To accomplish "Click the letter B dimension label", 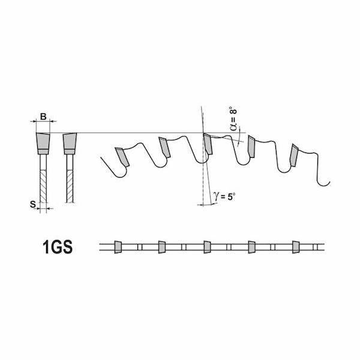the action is tap(43, 116).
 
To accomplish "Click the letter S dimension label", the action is tap(33, 204).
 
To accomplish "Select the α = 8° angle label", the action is tap(233, 118).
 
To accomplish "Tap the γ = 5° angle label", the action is tap(224, 196).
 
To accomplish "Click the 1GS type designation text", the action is tap(58, 247).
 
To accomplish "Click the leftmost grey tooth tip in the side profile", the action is tap(122, 157).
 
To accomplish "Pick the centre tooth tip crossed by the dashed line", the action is tap(208, 144).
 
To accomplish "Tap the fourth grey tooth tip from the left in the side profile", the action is tap(251, 146).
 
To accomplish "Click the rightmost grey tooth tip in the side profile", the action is tap(293, 155).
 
